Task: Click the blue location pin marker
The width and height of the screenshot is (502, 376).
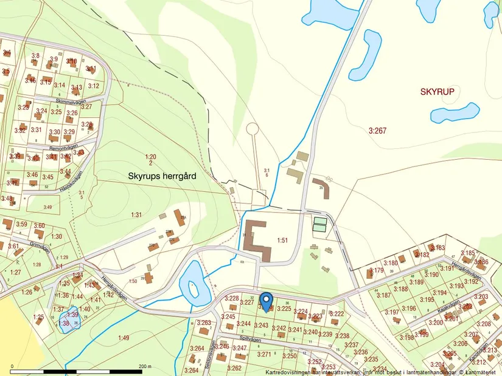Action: tap(265, 301)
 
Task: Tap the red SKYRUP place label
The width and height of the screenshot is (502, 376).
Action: tap(437, 91)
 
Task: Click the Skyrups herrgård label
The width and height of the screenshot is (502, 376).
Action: tap(162, 175)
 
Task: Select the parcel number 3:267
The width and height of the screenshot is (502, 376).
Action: tap(377, 130)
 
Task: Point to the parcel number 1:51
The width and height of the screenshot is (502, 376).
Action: tap(282, 241)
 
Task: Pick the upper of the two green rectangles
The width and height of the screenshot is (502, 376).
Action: tap(319, 221)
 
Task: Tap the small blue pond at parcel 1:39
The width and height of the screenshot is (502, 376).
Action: tap(69, 320)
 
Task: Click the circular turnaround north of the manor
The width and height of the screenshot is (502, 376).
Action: tap(252, 129)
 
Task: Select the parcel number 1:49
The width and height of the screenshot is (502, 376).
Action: tap(124, 338)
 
